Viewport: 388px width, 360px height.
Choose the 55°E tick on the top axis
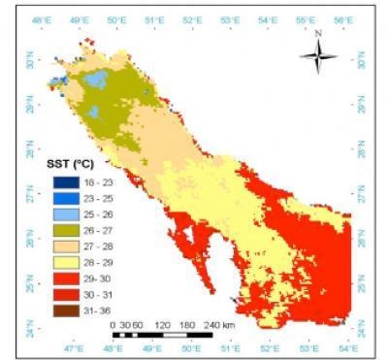coord(309,19)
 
